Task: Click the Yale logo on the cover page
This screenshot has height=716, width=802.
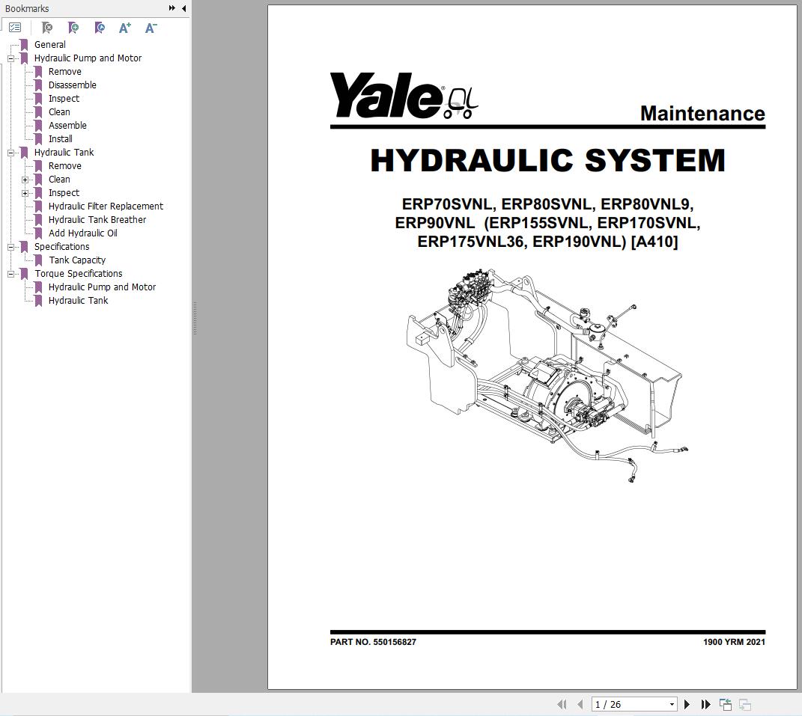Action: click(x=403, y=97)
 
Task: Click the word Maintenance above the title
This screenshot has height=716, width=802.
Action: click(x=702, y=114)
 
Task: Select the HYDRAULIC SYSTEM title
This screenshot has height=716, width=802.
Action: click(x=547, y=161)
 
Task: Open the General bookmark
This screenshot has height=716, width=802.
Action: click(x=49, y=44)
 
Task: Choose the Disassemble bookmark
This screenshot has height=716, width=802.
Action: click(x=72, y=85)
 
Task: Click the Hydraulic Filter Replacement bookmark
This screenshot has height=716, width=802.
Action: click(x=106, y=206)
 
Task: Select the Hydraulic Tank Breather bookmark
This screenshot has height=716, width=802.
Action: click(x=97, y=219)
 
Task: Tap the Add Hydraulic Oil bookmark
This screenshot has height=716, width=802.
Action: click(x=82, y=233)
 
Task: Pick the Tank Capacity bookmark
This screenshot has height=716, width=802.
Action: click(x=77, y=260)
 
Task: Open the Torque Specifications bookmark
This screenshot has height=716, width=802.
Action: click(x=78, y=273)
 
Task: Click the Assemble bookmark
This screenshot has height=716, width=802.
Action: click(x=67, y=125)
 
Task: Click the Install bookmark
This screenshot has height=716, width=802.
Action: click(x=60, y=138)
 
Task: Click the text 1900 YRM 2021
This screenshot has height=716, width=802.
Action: click(x=733, y=642)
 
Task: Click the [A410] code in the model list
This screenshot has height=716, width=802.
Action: click(x=654, y=242)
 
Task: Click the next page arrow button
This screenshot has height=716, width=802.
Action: click(x=687, y=704)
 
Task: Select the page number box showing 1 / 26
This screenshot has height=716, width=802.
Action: click(x=634, y=704)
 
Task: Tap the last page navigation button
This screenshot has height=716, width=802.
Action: click(x=705, y=704)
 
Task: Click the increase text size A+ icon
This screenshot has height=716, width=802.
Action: click(x=125, y=28)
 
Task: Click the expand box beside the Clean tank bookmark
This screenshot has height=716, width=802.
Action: click(x=25, y=180)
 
